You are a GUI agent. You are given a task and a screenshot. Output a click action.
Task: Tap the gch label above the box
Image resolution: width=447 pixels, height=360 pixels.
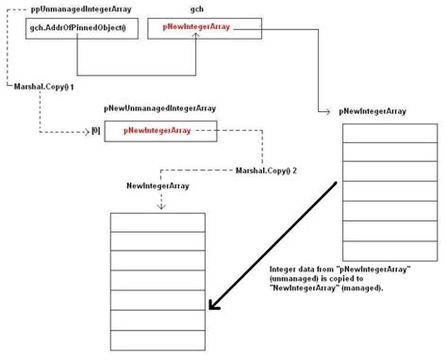197,8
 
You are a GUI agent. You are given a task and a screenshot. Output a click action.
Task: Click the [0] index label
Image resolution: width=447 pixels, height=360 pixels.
94,131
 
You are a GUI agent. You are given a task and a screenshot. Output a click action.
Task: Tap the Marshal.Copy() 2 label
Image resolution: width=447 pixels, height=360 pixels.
266,170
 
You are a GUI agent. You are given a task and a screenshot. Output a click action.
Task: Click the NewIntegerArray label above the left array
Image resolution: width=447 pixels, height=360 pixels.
158,186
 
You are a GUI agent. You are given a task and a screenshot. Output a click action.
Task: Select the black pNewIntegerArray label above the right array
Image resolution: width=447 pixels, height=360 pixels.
372,111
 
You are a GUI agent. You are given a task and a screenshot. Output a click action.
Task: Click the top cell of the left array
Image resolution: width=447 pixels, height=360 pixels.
157,221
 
